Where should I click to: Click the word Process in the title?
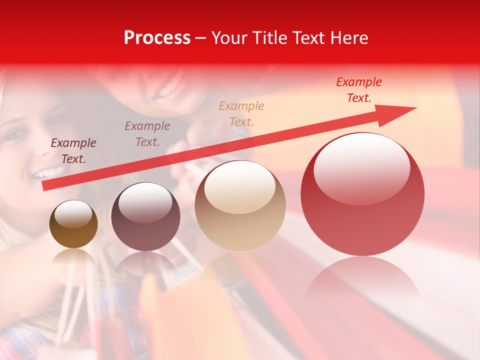click(x=157, y=37)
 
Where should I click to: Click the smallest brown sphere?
click(x=73, y=224)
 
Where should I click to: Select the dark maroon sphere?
click(x=145, y=216)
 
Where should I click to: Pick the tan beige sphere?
click(x=240, y=205)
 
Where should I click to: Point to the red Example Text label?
click(x=358, y=90)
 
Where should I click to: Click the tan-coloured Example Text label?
click(x=241, y=113)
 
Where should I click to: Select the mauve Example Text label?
click(x=147, y=134)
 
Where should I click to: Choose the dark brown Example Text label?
click(x=73, y=151)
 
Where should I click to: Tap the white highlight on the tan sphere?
click(x=240, y=186)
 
